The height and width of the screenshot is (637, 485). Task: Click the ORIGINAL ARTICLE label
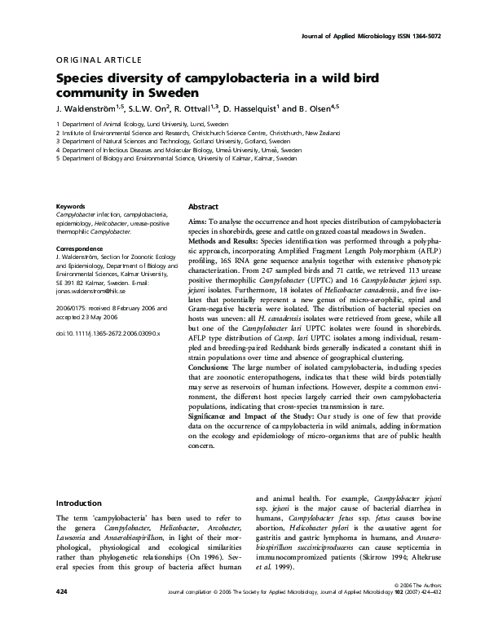[99, 60]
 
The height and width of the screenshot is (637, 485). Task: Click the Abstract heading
[204, 207]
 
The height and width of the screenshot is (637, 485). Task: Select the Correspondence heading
[80, 248]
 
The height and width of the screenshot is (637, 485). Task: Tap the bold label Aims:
[200, 222]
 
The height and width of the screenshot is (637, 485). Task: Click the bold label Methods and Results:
[223, 243]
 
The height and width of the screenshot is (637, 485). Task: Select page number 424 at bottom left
[62, 612]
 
